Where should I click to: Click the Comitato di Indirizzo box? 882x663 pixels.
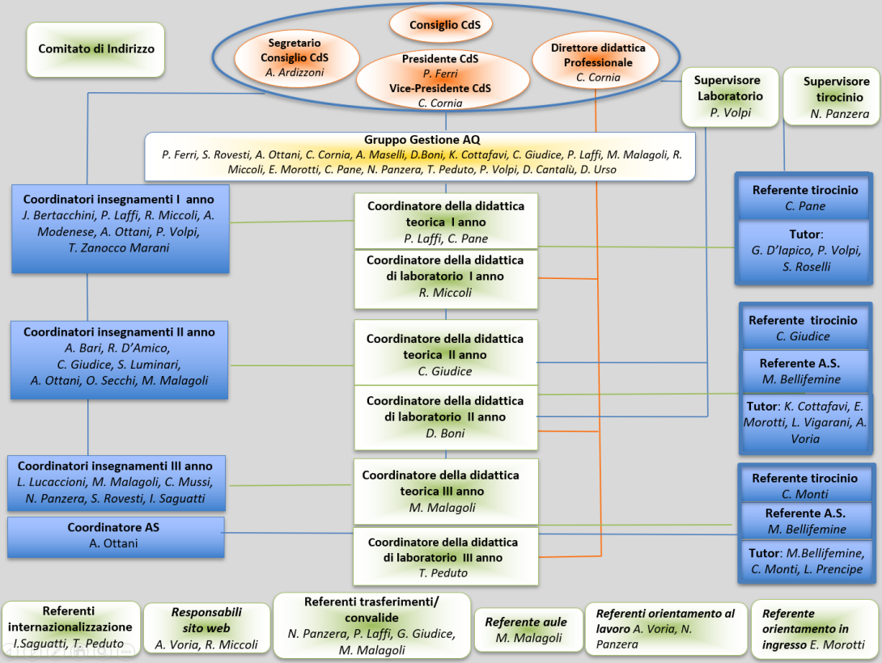(x=95, y=49)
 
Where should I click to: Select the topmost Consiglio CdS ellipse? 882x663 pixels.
(x=444, y=25)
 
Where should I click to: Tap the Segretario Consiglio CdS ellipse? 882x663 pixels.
(x=295, y=57)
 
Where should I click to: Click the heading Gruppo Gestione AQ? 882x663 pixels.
(x=422, y=140)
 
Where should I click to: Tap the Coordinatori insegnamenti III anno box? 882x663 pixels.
(x=115, y=483)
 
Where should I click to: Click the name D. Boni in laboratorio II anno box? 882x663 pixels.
(x=445, y=433)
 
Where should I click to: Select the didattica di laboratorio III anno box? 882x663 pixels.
(x=445, y=556)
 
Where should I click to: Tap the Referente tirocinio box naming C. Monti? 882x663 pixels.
(x=804, y=485)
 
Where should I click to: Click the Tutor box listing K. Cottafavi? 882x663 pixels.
(x=804, y=422)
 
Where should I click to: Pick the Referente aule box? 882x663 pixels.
(x=525, y=630)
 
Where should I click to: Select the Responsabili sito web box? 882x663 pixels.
(x=206, y=628)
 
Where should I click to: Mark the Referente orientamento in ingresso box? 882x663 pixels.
(x=813, y=629)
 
